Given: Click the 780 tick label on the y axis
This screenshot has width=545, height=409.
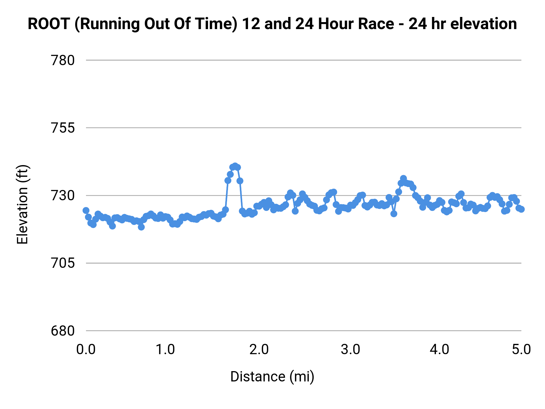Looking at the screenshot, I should click(63, 61).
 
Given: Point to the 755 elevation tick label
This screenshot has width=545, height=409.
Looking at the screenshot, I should click(63, 128).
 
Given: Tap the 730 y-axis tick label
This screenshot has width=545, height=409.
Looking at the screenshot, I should click(63, 196).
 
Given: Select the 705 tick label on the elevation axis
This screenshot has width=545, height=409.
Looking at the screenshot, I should click(63, 263).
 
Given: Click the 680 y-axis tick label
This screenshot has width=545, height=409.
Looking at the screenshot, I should click(63, 331).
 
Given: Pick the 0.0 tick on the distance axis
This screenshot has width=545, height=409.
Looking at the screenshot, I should click(86, 350).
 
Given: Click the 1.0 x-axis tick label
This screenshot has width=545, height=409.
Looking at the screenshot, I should click(165, 350).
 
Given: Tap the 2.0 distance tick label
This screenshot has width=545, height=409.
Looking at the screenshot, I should click(259, 350).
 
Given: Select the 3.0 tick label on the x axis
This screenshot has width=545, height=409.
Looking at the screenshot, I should click(350, 350).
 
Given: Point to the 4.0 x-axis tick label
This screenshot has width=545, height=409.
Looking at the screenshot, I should click(440, 350).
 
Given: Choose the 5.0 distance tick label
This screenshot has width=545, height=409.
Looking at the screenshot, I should click(521, 350).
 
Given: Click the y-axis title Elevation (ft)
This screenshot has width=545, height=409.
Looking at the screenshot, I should click(22, 205).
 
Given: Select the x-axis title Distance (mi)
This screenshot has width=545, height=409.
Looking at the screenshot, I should click(272, 377).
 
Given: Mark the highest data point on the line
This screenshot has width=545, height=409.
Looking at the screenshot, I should click(235, 166).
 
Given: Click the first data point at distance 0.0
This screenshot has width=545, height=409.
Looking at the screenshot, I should click(86, 211).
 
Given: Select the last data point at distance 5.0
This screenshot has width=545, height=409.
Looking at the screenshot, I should click(521, 209).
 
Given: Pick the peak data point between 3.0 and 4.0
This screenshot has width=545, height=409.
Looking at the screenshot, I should click(403, 178).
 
